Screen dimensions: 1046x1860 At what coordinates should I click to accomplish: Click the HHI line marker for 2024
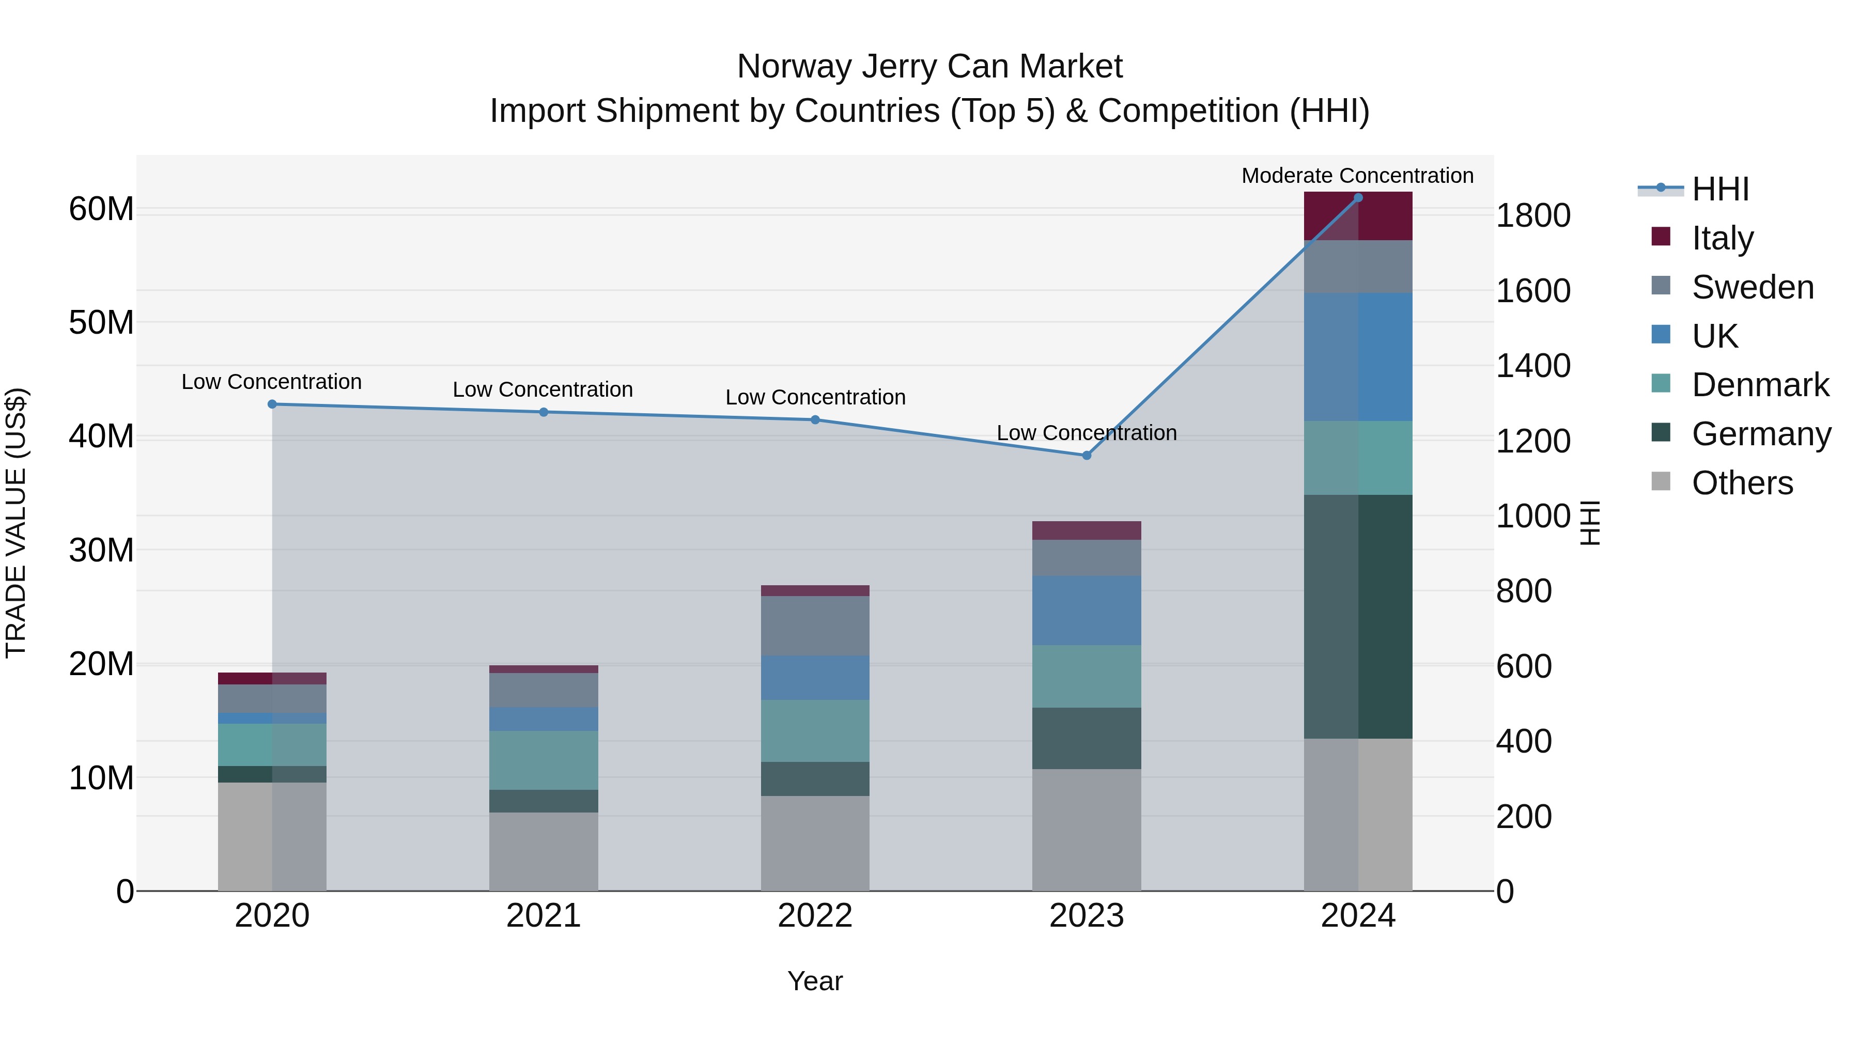click(x=1357, y=198)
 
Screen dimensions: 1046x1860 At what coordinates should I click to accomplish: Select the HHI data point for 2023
click(x=1086, y=456)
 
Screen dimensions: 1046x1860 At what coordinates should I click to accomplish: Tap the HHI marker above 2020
click(x=272, y=404)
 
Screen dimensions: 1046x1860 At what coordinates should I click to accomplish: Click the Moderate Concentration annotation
click(x=1357, y=176)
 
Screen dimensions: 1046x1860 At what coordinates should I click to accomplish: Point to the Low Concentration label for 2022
click(x=815, y=397)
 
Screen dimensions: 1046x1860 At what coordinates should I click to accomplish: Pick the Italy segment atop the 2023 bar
click(x=1086, y=530)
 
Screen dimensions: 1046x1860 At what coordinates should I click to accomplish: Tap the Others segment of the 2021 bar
click(x=543, y=851)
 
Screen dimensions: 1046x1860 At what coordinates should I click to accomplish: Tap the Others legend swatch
click(x=1661, y=481)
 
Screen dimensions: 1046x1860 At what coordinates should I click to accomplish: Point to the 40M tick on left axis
click(x=101, y=436)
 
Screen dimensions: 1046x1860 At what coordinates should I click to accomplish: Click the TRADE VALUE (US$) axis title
click(x=16, y=523)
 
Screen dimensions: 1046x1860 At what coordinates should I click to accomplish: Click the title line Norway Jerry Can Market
click(x=929, y=67)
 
